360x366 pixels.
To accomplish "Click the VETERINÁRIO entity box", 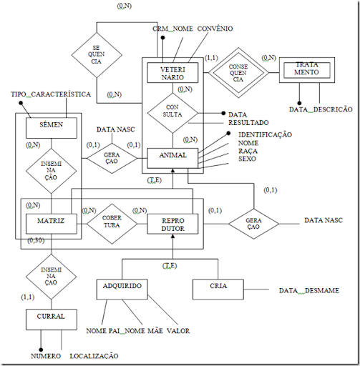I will tap(172, 74).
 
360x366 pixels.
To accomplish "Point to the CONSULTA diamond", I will tap(172, 114).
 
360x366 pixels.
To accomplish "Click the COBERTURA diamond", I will tap(110, 222).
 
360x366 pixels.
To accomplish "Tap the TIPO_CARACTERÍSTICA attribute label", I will tap(49, 94).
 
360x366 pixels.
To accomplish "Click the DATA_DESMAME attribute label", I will tap(308, 291).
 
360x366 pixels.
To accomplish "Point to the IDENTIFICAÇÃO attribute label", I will tap(265, 134).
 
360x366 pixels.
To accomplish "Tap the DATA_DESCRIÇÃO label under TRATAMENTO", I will tap(321, 109).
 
